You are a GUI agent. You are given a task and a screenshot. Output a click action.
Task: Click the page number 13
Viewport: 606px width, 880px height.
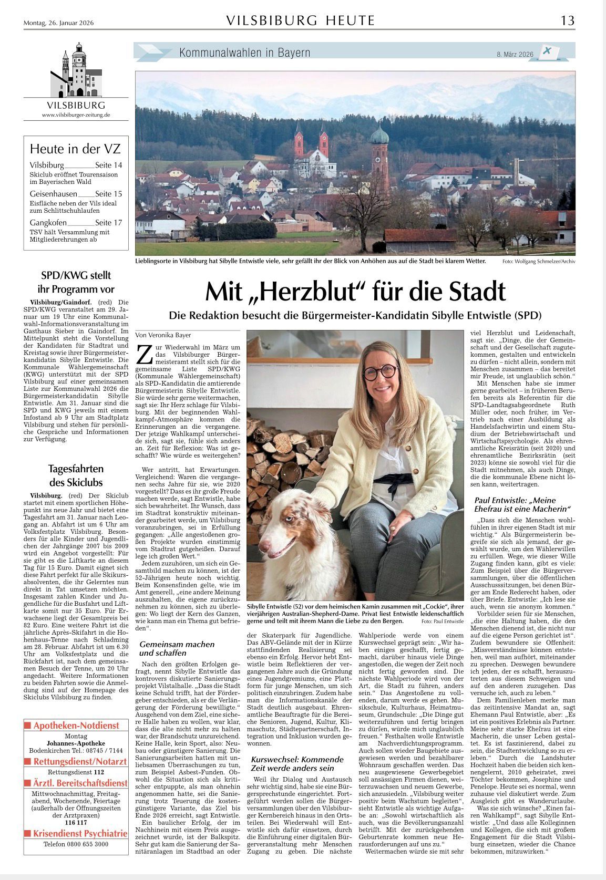pos(567,20)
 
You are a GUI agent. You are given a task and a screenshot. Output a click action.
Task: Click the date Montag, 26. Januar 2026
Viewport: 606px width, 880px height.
pos(58,23)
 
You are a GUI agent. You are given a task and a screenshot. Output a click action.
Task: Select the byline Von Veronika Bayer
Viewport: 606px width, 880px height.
pos(163,335)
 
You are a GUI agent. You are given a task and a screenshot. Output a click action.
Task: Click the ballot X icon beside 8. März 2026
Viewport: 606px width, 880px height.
pos(548,51)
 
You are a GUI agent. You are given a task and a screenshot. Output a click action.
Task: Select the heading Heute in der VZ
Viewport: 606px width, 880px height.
pos(75,149)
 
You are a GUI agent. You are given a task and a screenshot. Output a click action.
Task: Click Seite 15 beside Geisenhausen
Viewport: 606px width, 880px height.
pos(108,194)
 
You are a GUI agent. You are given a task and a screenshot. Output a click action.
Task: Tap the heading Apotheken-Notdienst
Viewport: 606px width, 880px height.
pos(76,726)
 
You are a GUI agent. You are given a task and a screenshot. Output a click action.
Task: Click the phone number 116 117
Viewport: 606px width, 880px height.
pos(76,822)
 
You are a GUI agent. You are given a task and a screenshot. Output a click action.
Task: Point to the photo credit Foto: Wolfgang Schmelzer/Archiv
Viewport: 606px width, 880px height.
pos(538,261)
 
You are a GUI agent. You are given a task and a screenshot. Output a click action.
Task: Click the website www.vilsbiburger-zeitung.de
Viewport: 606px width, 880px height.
pos(76,115)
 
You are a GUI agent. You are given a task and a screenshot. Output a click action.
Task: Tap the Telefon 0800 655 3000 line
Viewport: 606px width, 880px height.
pos(76,844)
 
